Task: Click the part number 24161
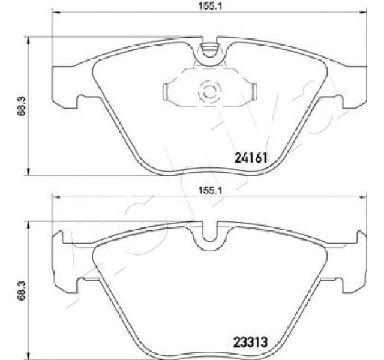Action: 249,158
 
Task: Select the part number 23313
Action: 249,343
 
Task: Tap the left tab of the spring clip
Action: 167,91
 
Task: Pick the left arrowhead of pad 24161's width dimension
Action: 56,13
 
